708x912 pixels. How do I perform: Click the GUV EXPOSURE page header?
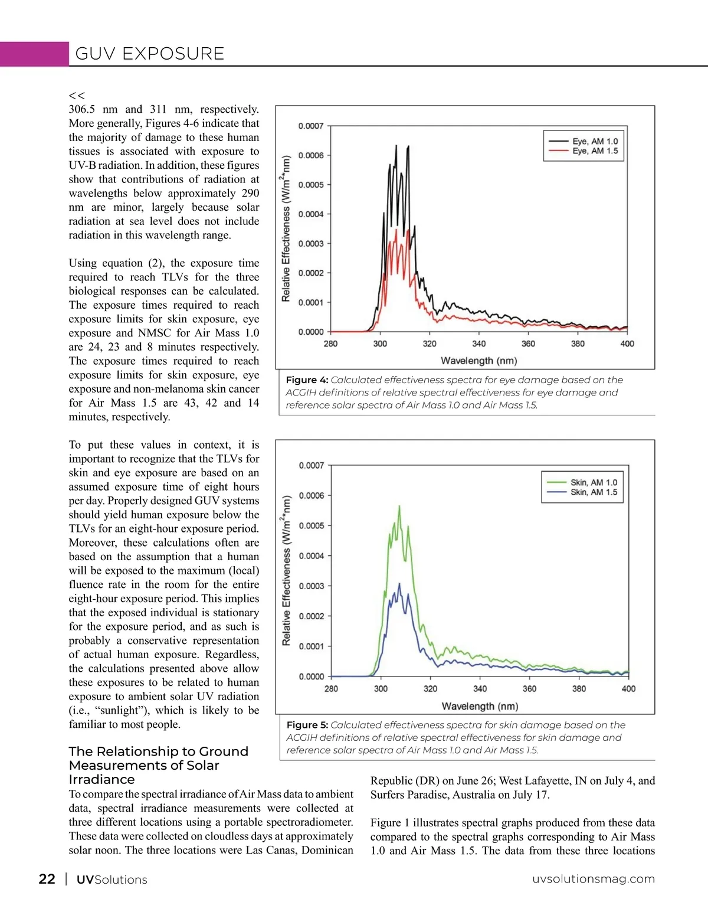pyautogui.click(x=150, y=54)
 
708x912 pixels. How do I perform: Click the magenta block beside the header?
pyautogui.click(x=34, y=54)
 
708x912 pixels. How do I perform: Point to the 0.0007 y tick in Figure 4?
pyautogui.click(x=311, y=126)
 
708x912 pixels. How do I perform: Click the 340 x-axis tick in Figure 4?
pyautogui.click(x=479, y=344)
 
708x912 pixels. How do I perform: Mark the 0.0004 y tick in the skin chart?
pyautogui.click(x=312, y=555)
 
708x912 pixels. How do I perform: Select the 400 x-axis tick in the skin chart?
pyautogui.click(x=628, y=688)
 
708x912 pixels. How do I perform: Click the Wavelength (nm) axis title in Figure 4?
pyautogui.click(x=478, y=361)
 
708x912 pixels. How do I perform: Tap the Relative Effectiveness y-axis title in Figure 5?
pyautogui.click(x=286, y=570)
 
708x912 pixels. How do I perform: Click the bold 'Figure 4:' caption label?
pyautogui.click(x=307, y=380)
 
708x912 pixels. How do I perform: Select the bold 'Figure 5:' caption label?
pyautogui.click(x=307, y=725)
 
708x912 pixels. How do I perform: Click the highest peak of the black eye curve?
pyautogui.click(x=396, y=146)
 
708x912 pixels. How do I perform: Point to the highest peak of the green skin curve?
pyautogui.click(x=399, y=506)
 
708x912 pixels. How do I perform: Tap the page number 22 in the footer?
pyautogui.click(x=47, y=879)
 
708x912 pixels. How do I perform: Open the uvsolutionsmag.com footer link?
pyautogui.click(x=594, y=879)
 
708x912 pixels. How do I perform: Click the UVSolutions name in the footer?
pyautogui.click(x=112, y=880)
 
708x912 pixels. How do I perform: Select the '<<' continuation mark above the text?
pyautogui.click(x=77, y=95)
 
